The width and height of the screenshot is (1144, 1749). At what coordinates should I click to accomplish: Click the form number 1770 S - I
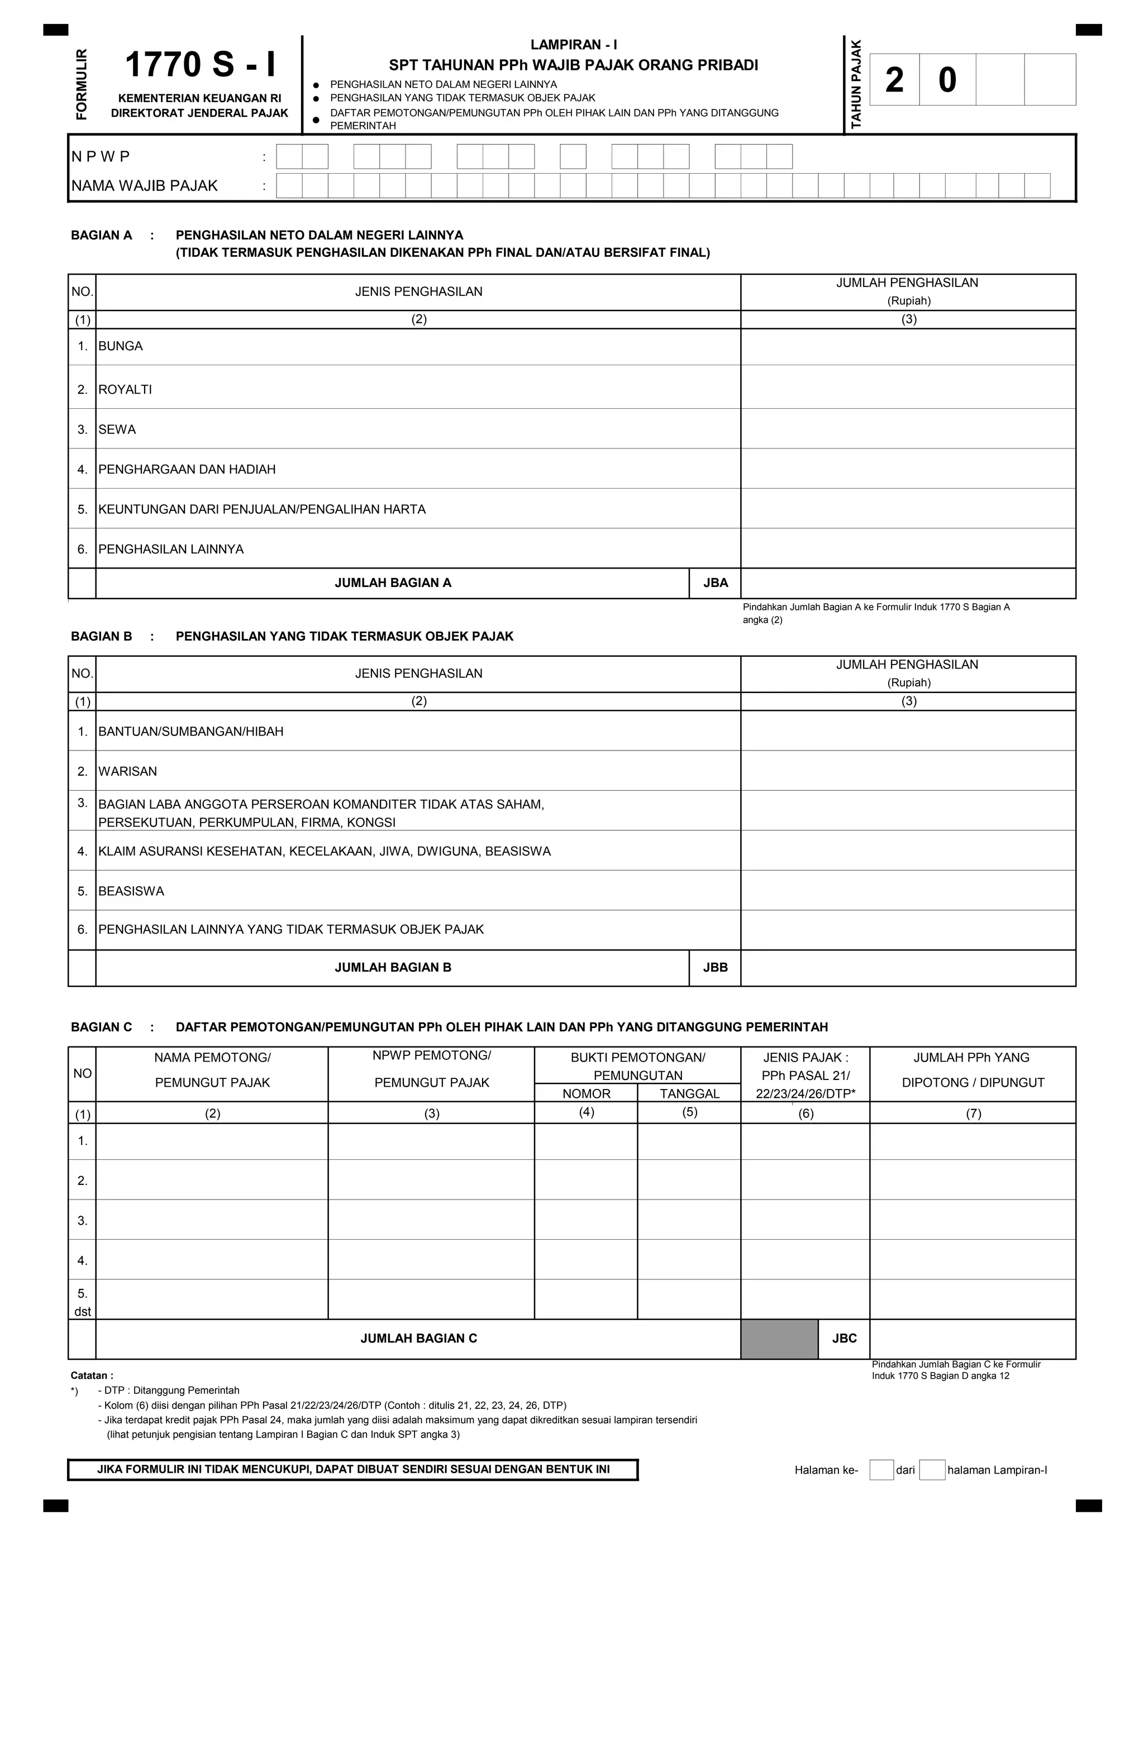200,65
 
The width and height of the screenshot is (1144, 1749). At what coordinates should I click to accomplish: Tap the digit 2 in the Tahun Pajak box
894,80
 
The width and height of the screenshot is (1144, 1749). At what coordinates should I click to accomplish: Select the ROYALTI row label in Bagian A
125,389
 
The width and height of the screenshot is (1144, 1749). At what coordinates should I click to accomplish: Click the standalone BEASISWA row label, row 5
131,891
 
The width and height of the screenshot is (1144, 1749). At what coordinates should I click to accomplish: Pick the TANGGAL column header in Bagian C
689,1093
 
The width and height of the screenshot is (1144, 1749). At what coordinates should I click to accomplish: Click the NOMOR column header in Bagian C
586,1093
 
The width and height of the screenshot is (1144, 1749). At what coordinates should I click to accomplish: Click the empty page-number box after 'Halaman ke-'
881,1470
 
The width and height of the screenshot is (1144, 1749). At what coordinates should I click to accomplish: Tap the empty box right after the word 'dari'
932,1470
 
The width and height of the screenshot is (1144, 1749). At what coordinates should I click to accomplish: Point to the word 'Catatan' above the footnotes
91,1375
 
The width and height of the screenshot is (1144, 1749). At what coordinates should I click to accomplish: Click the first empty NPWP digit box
289,156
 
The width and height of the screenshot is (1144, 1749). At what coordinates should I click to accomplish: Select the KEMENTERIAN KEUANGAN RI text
199,98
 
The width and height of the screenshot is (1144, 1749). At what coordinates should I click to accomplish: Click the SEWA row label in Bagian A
117,429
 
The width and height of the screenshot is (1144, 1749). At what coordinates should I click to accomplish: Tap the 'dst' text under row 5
82,1311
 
